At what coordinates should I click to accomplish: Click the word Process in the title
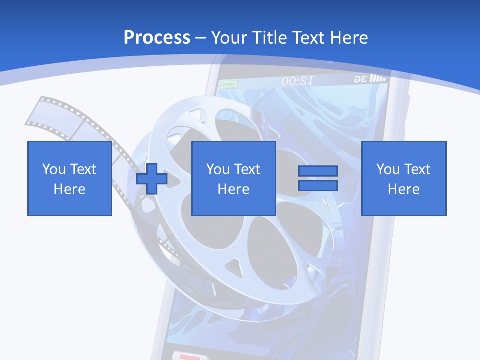coord(157,37)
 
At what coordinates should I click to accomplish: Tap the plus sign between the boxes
coord(152,179)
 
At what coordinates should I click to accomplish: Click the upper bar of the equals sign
coord(318,171)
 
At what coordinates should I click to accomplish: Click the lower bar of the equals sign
coord(318,185)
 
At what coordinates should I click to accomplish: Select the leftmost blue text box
coord(70,178)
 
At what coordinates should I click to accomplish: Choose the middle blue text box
coord(234,178)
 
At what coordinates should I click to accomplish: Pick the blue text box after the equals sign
coord(404,178)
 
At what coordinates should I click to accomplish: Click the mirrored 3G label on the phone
coord(361,79)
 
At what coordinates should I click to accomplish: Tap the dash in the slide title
coord(201,37)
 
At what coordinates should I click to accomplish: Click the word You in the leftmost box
coord(54,169)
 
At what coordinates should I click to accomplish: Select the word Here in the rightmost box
coord(404,189)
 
